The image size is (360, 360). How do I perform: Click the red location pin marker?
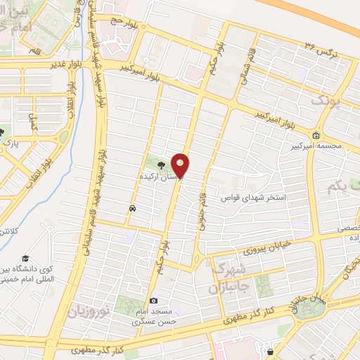[x=181, y=165]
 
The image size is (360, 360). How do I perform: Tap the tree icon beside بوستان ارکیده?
[x=162, y=166]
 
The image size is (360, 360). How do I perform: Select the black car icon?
[x=132, y=208]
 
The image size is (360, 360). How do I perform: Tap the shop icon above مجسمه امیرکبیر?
[x=317, y=136]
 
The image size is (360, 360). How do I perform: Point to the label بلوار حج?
[x=122, y=22]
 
